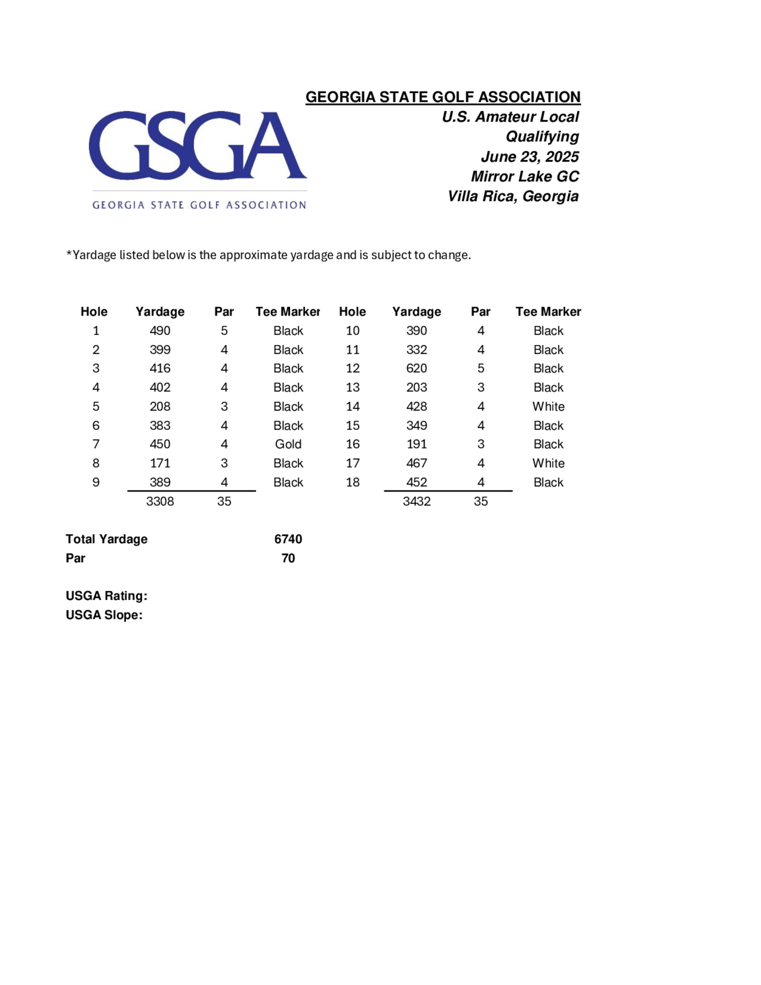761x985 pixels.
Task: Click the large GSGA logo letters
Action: (197, 145)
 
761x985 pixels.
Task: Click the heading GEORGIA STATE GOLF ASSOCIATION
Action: (443, 97)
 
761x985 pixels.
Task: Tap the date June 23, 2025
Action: (530, 156)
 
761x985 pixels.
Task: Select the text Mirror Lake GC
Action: (525, 176)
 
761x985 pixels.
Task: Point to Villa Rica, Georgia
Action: (513, 196)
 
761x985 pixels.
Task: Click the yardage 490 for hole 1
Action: (160, 331)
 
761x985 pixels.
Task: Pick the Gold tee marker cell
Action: (288, 444)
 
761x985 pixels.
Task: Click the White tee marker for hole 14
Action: (548, 406)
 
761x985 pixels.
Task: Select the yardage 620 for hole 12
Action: (417, 368)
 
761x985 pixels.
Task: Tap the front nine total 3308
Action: (160, 501)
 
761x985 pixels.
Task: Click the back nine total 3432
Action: (417, 501)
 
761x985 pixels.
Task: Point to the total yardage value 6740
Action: (288, 539)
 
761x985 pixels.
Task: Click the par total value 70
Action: (288, 558)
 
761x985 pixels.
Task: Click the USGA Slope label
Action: (104, 615)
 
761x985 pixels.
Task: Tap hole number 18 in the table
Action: (353, 482)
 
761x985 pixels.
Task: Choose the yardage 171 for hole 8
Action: (160, 463)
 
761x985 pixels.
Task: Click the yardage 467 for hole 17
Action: (417, 463)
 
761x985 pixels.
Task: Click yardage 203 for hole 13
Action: (417, 387)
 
